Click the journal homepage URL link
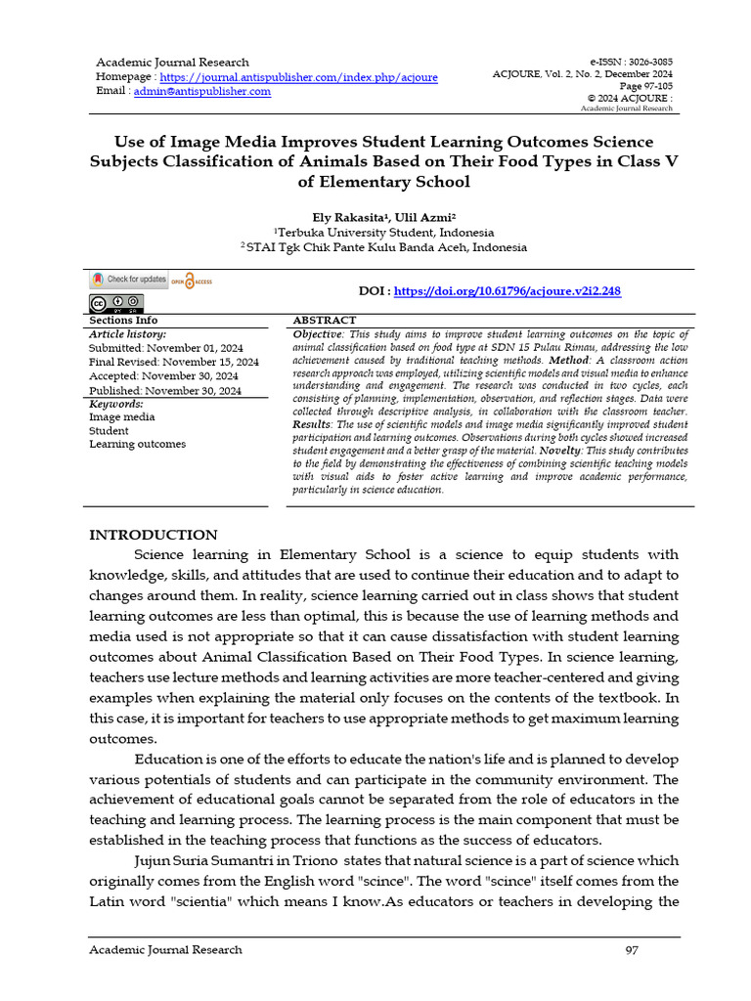(x=298, y=77)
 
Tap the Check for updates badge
(x=129, y=280)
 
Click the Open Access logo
(x=192, y=282)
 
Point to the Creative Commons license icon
(x=116, y=302)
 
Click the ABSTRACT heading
(x=325, y=321)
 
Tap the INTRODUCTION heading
(x=154, y=535)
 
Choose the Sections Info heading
(x=123, y=321)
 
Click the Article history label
(x=128, y=334)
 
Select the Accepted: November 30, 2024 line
(x=163, y=376)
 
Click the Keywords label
(x=116, y=404)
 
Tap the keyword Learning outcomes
(x=137, y=445)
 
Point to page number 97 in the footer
(x=632, y=950)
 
